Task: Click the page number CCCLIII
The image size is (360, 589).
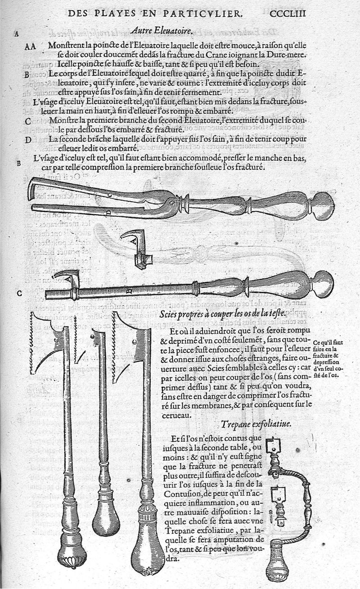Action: (288, 13)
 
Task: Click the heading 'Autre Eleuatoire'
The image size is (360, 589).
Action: (161, 32)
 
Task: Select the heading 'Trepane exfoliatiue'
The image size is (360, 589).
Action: (256, 424)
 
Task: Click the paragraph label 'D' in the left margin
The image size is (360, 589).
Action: (28, 140)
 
